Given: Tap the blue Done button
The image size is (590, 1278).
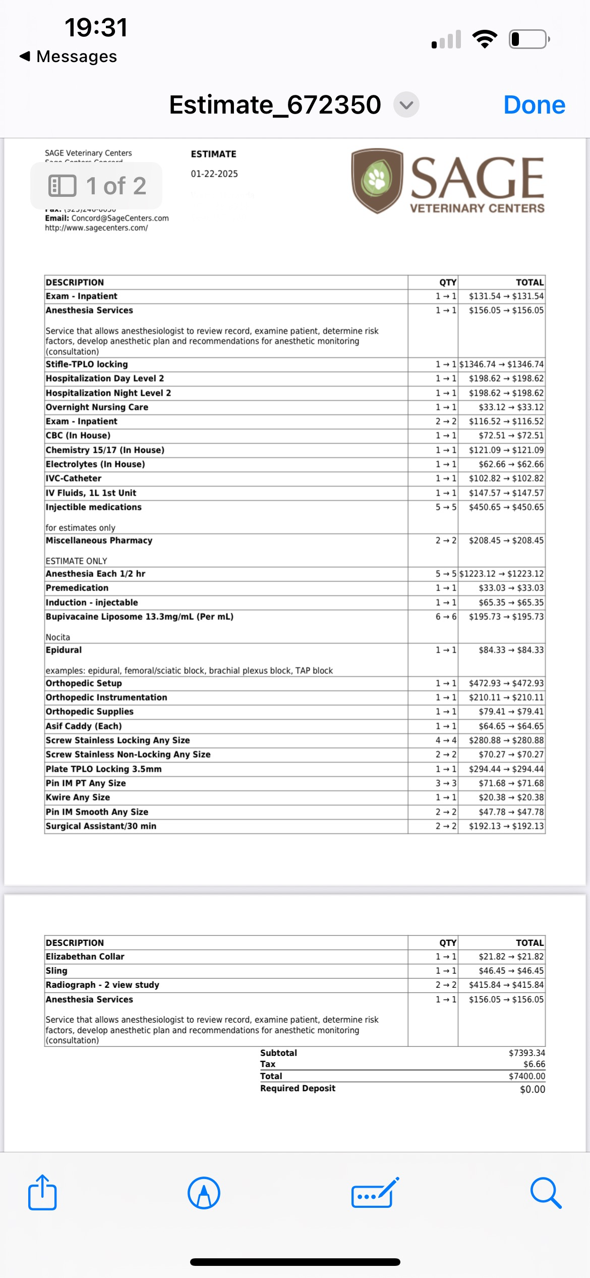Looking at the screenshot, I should coord(534,105).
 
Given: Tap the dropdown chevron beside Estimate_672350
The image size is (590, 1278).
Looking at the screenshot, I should coord(406,105).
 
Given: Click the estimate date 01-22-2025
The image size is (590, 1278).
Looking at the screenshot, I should coord(214,174).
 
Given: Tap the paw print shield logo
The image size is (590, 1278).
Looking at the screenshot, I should coord(377,180).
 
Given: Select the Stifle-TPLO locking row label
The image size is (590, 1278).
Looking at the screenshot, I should coord(87,364).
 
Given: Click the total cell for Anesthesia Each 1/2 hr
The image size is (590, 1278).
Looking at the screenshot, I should coord(501,574).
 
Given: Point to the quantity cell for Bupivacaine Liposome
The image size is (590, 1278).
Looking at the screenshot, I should coord(446,617).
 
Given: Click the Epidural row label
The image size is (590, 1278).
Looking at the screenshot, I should coord(64,650).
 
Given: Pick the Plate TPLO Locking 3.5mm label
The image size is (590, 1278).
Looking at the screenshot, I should coord(103,769).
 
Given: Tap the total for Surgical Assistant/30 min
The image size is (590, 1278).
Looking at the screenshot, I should coord(506,826).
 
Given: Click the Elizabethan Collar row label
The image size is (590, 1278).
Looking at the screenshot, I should coord(85,956).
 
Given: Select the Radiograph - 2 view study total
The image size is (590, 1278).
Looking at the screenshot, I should coord(506,985).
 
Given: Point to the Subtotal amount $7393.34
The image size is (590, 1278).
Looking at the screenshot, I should coord(527,1053).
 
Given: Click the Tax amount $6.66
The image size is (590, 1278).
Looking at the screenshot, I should coord(534,1064).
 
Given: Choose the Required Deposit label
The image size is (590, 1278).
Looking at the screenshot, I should coord(298,1088).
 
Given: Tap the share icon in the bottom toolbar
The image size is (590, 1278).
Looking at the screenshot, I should coord(42,1193).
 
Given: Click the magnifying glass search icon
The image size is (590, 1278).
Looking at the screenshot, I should coord(546,1193).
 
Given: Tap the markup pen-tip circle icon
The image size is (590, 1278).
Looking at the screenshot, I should coord(204,1193).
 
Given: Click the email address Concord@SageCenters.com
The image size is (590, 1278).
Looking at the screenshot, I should coord(120,218).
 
